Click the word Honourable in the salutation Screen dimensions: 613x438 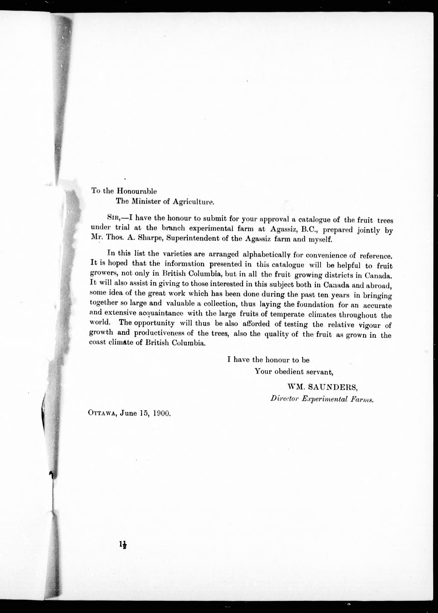136,191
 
